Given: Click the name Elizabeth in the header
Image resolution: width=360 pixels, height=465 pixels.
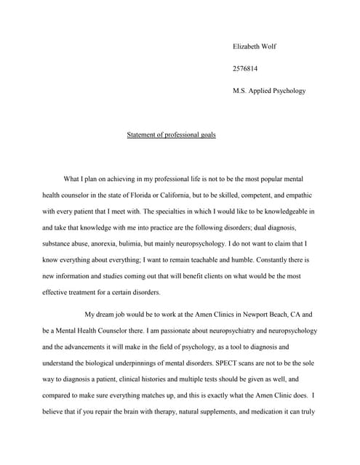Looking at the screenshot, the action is (x=247, y=46).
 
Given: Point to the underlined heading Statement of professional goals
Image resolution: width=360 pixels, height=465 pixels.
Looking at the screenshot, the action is (x=172, y=134).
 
